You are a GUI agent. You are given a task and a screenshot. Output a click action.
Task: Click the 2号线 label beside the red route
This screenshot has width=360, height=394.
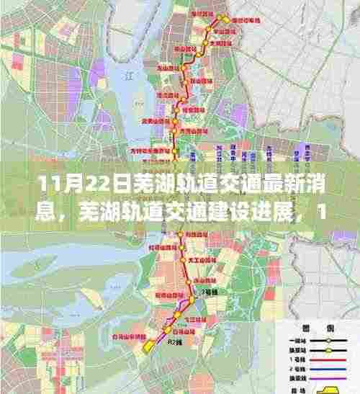click(x=210, y=292)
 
